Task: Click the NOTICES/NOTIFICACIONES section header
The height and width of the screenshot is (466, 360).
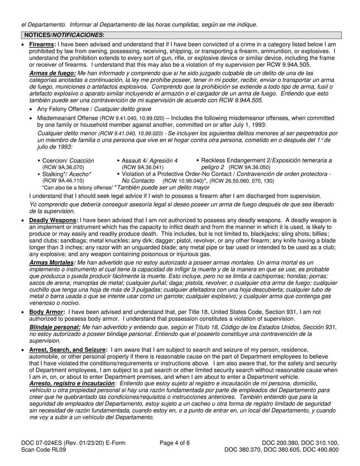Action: click(x=64, y=35)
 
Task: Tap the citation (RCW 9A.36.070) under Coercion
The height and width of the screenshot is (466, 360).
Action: click(x=63, y=167)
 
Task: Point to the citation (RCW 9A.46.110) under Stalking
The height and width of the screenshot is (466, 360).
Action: click(x=63, y=180)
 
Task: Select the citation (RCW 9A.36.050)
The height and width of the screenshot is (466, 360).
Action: click(x=249, y=167)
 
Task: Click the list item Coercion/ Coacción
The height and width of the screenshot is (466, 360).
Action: click(x=67, y=160)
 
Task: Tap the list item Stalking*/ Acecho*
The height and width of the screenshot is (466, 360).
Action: click(x=66, y=174)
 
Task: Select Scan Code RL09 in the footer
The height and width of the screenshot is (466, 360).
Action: click(x=44, y=450)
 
